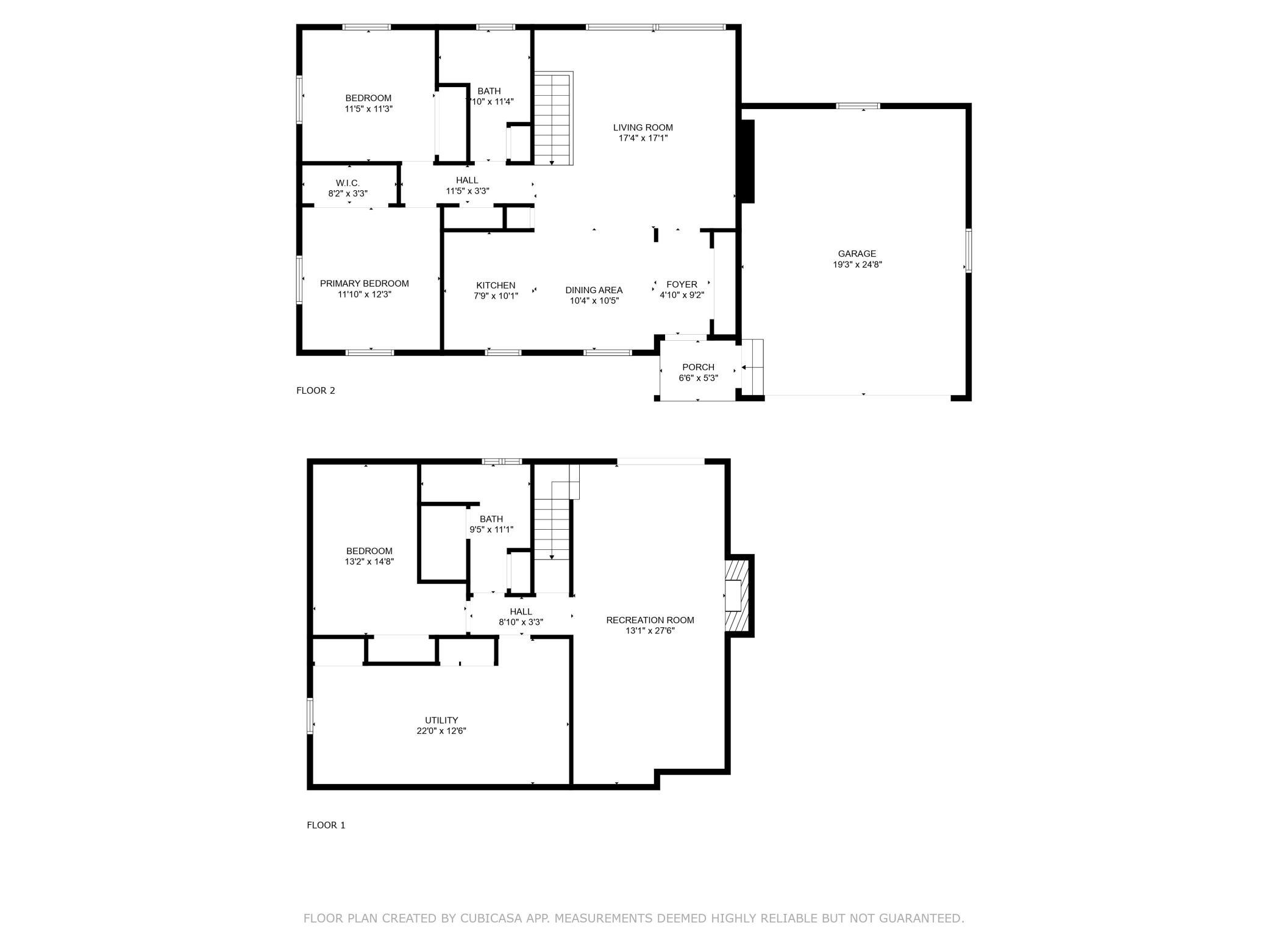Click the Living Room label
coord(643,127)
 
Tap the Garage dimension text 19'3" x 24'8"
coord(857,265)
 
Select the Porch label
coord(698,367)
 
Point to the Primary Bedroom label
coord(364,283)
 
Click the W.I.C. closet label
coord(347,183)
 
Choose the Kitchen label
coord(496,285)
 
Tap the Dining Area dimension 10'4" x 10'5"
coord(594,301)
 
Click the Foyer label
coord(682,284)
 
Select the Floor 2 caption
coord(316,391)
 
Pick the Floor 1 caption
coord(326,825)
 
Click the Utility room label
coord(441,720)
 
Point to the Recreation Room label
coord(650,620)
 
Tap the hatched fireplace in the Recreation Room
coord(739,596)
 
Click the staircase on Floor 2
coord(554,118)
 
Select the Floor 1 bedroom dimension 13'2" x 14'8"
coord(369,561)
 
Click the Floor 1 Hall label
coord(521,611)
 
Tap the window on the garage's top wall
coord(858,106)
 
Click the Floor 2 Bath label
coord(489,91)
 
